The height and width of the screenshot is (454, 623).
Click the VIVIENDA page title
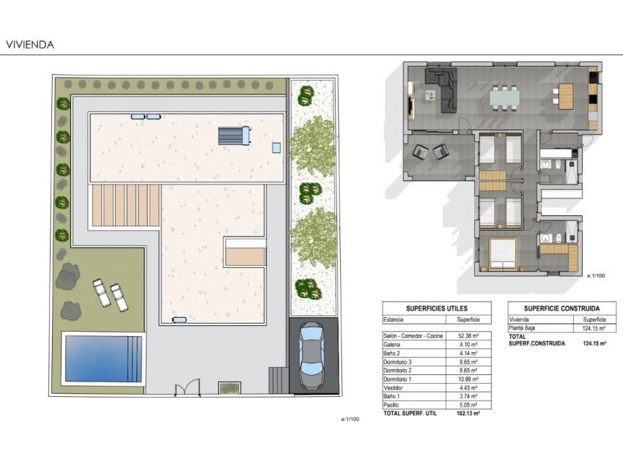pos(30,45)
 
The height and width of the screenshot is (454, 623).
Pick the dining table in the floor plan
pos(504,96)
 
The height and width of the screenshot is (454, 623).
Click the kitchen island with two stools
pos(565,96)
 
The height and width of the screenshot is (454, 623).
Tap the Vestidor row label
pos(395,387)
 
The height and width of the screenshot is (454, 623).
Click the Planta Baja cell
pos(526,328)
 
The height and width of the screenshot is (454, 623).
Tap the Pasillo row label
pos(393,405)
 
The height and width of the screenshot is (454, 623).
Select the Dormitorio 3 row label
pos(399,362)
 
